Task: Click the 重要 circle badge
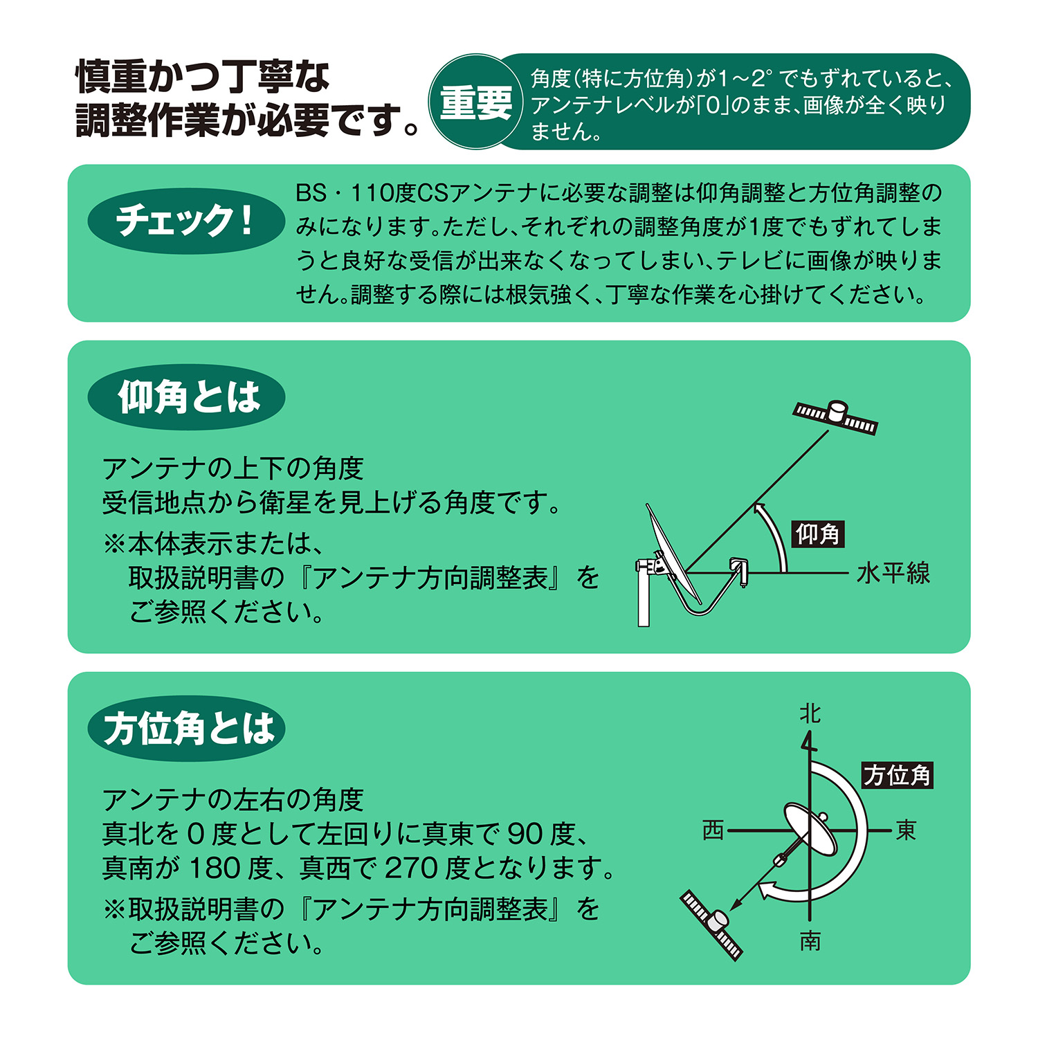(476, 102)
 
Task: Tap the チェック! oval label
(186, 221)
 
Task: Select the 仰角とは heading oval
(186, 397)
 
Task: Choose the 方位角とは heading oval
(186, 729)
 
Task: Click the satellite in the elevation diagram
(835, 417)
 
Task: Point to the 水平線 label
(893, 573)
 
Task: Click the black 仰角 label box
(818, 534)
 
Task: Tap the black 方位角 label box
(898, 775)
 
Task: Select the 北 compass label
(810, 713)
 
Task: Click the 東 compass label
(906, 830)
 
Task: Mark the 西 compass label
(713, 830)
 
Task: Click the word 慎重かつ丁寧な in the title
(203, 77)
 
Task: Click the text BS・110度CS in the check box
(373, 193)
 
